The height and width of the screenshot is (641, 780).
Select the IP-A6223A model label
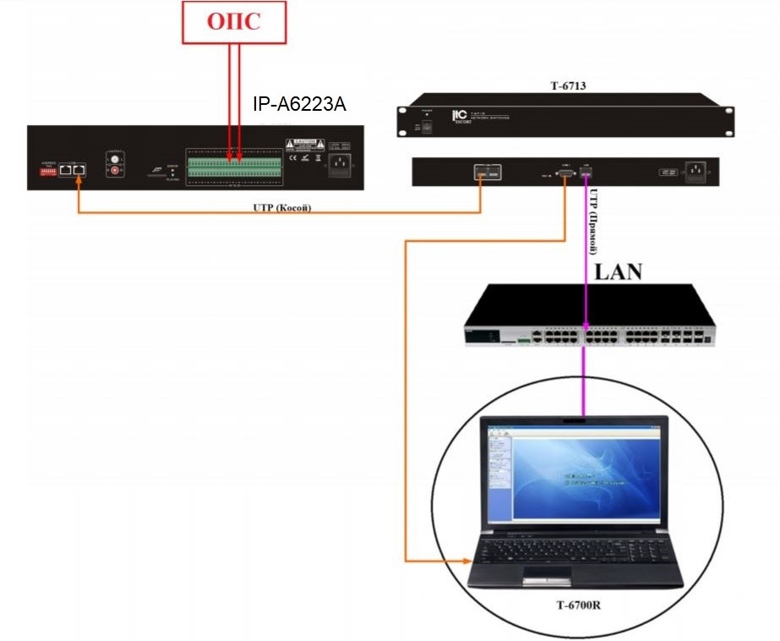coord(299,105)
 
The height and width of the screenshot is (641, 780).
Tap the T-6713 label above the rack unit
coord(568,85)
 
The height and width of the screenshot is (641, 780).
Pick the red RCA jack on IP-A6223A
coord(114,171)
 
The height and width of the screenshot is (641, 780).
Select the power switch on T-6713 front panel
coord(428,125)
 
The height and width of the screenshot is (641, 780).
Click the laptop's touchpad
coord(547,577)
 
